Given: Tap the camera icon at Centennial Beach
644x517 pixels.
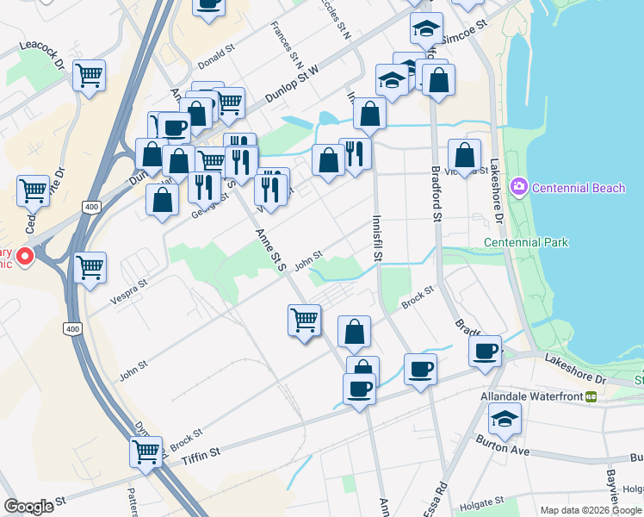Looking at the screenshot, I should [519, 186].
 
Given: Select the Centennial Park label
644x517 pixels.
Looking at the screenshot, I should [525, 242].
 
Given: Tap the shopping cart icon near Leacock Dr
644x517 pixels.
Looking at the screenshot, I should [90, 76].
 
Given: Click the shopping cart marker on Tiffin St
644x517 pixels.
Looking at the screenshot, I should [146, 451].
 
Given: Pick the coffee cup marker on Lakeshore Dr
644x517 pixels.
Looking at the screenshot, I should [486, 351].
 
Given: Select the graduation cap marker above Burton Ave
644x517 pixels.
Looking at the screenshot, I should [504, 420].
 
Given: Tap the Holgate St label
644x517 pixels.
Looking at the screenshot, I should [480, 502].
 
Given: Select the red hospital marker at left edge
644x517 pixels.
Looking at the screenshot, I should [24, 255].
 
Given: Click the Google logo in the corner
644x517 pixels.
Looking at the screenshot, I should [29, 506].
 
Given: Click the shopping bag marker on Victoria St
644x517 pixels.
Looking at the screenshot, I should [464, 155].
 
